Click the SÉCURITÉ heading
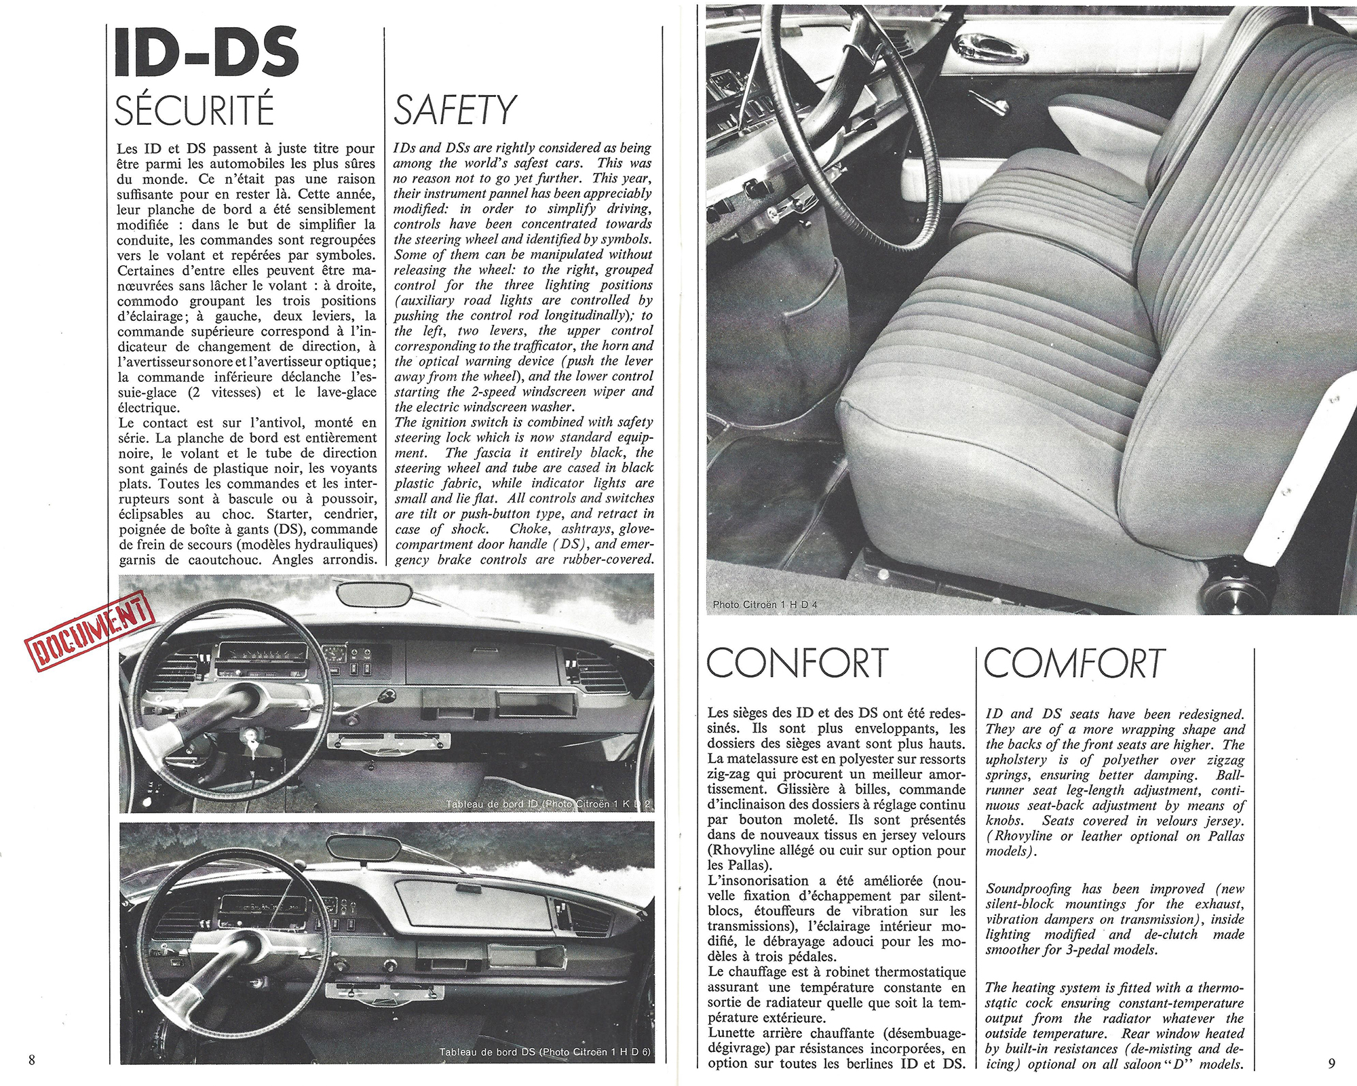(x=194, y=111)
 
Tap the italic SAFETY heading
(x=455, y=111)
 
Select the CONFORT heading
(x=797, y=663)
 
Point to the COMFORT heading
(x=1074, y=663)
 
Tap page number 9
(x=1331, y=1063)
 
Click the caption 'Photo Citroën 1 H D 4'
(x=765, y=604)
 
